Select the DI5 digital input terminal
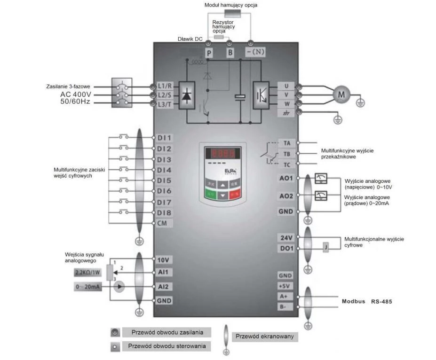(164, 180)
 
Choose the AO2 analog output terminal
(286, 196)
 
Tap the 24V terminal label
(286, 238)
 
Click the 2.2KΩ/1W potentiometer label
(87, 273)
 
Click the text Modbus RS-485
(366, 301)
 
